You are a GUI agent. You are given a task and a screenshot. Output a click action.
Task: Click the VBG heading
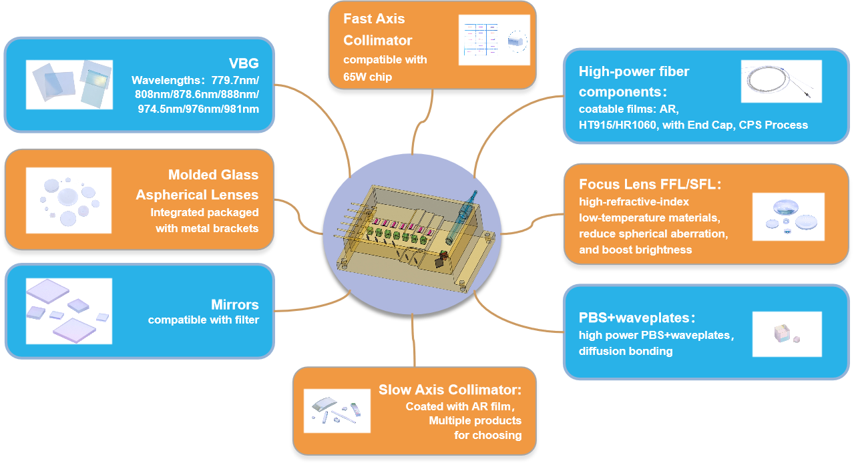tap(243, 64)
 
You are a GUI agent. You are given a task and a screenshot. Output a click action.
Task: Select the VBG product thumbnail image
tap(69, 85)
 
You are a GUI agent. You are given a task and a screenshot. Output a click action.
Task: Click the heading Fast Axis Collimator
tap(377, 29)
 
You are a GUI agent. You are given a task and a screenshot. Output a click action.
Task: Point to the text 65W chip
tap(367, 77)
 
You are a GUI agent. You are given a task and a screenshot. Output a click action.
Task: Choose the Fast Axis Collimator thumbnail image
tap(493, 40)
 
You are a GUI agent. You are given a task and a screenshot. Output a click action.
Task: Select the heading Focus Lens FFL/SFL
tap(650, 184)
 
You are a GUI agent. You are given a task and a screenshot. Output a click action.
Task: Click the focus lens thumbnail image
tap(788, 217)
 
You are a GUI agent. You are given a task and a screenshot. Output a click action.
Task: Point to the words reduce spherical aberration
tap(653, 234)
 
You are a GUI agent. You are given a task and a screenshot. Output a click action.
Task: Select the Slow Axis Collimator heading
tap(449, 390)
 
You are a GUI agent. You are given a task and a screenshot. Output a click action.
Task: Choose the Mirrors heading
tap(234, 305)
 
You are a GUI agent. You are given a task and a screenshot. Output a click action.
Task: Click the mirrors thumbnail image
tap(69, 311)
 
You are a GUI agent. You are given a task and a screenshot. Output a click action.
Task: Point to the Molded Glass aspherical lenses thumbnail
tap(69, 200)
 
